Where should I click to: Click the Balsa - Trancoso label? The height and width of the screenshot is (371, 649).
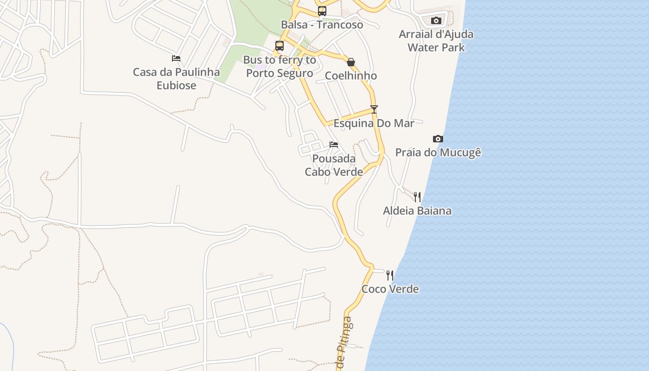pos(322,25)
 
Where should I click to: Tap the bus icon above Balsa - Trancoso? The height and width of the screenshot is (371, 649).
pos(322,11)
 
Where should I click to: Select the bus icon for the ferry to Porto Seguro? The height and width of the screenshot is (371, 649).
pos(279,45)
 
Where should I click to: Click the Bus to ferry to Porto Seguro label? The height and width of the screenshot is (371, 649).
pos(280,66)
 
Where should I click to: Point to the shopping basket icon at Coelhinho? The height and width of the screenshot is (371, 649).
pos(351,62)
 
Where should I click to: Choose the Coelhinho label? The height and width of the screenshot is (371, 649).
pos(351,76)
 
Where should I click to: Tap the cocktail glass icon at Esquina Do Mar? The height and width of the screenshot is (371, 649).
pos(374,109)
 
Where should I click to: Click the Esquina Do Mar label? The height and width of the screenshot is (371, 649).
pos(374,123)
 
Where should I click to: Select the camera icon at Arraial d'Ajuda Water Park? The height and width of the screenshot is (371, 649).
pos(436,20)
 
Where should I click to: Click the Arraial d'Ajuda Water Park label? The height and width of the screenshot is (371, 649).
pos(436,41)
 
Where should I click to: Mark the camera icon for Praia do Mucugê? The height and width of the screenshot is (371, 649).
pos(438,139)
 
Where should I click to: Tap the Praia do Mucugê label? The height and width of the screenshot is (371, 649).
pos(438,153)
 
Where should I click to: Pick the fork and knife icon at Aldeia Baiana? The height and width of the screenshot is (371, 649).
pos(417,197)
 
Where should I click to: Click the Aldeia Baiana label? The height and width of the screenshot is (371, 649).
pos(417,211)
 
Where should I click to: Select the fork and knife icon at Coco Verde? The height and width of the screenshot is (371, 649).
pos(390,275)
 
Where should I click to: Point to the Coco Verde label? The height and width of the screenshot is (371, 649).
pos(390,289)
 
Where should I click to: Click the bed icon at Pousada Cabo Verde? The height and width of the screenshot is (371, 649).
pos(334,145)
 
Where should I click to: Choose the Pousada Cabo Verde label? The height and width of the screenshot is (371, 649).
pos(334,165)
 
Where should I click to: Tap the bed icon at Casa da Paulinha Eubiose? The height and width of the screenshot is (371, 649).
pos(176,58)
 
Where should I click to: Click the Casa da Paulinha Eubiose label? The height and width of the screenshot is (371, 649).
pos(176,79)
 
